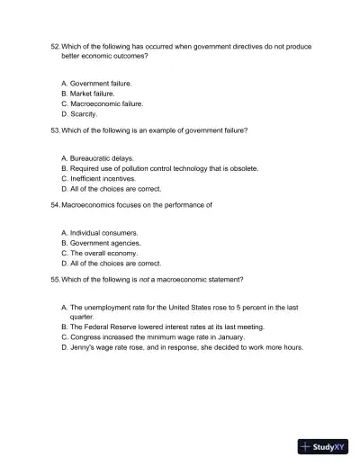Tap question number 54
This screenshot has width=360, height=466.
click(x=55, y=205)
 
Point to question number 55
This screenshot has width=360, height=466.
click(x=55, y=279)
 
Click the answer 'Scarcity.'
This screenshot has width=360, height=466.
click(x=84, y=115)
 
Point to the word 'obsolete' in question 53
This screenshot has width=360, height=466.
click(x=243, y=168)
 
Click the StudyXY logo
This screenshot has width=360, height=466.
click(x=323, y=446)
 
